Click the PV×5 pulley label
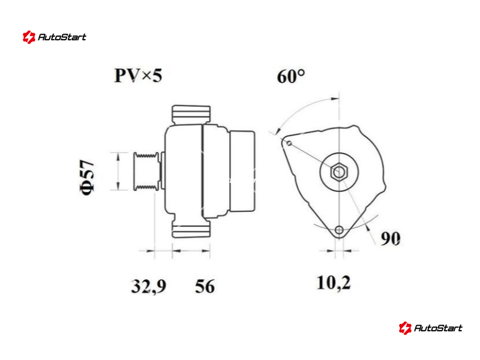tap(138, 76)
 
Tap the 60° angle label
tap(291, 76)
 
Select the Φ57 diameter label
tap(87, 177)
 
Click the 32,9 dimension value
tap(149, 286)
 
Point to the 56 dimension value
tap(205, 286)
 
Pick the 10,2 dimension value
tap(334, 283)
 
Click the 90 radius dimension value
tap(391, 238)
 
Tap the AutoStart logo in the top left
tap(55, 37)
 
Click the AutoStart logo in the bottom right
tap(430, 328)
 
